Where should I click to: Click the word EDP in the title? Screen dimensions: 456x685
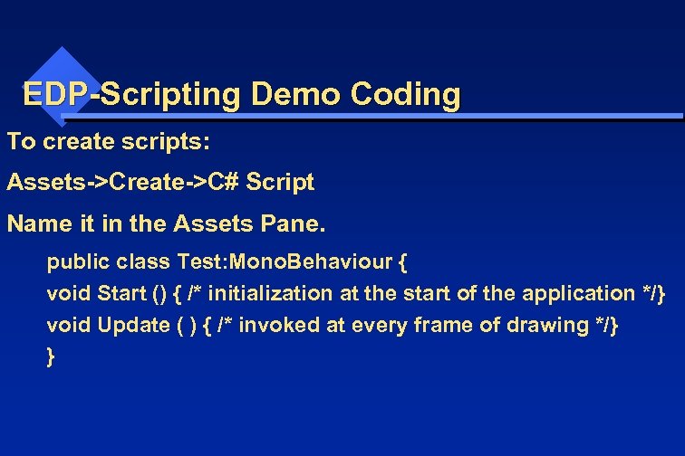pyautogui.click(x=55, y=94)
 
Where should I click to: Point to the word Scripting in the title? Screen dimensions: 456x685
pyautogui.click(x=170, y=94)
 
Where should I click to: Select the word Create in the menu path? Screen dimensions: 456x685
pyautogui.click(x=148, y=183)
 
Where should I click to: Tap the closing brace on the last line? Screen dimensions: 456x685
pyautogui.click(x=50, y=356)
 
